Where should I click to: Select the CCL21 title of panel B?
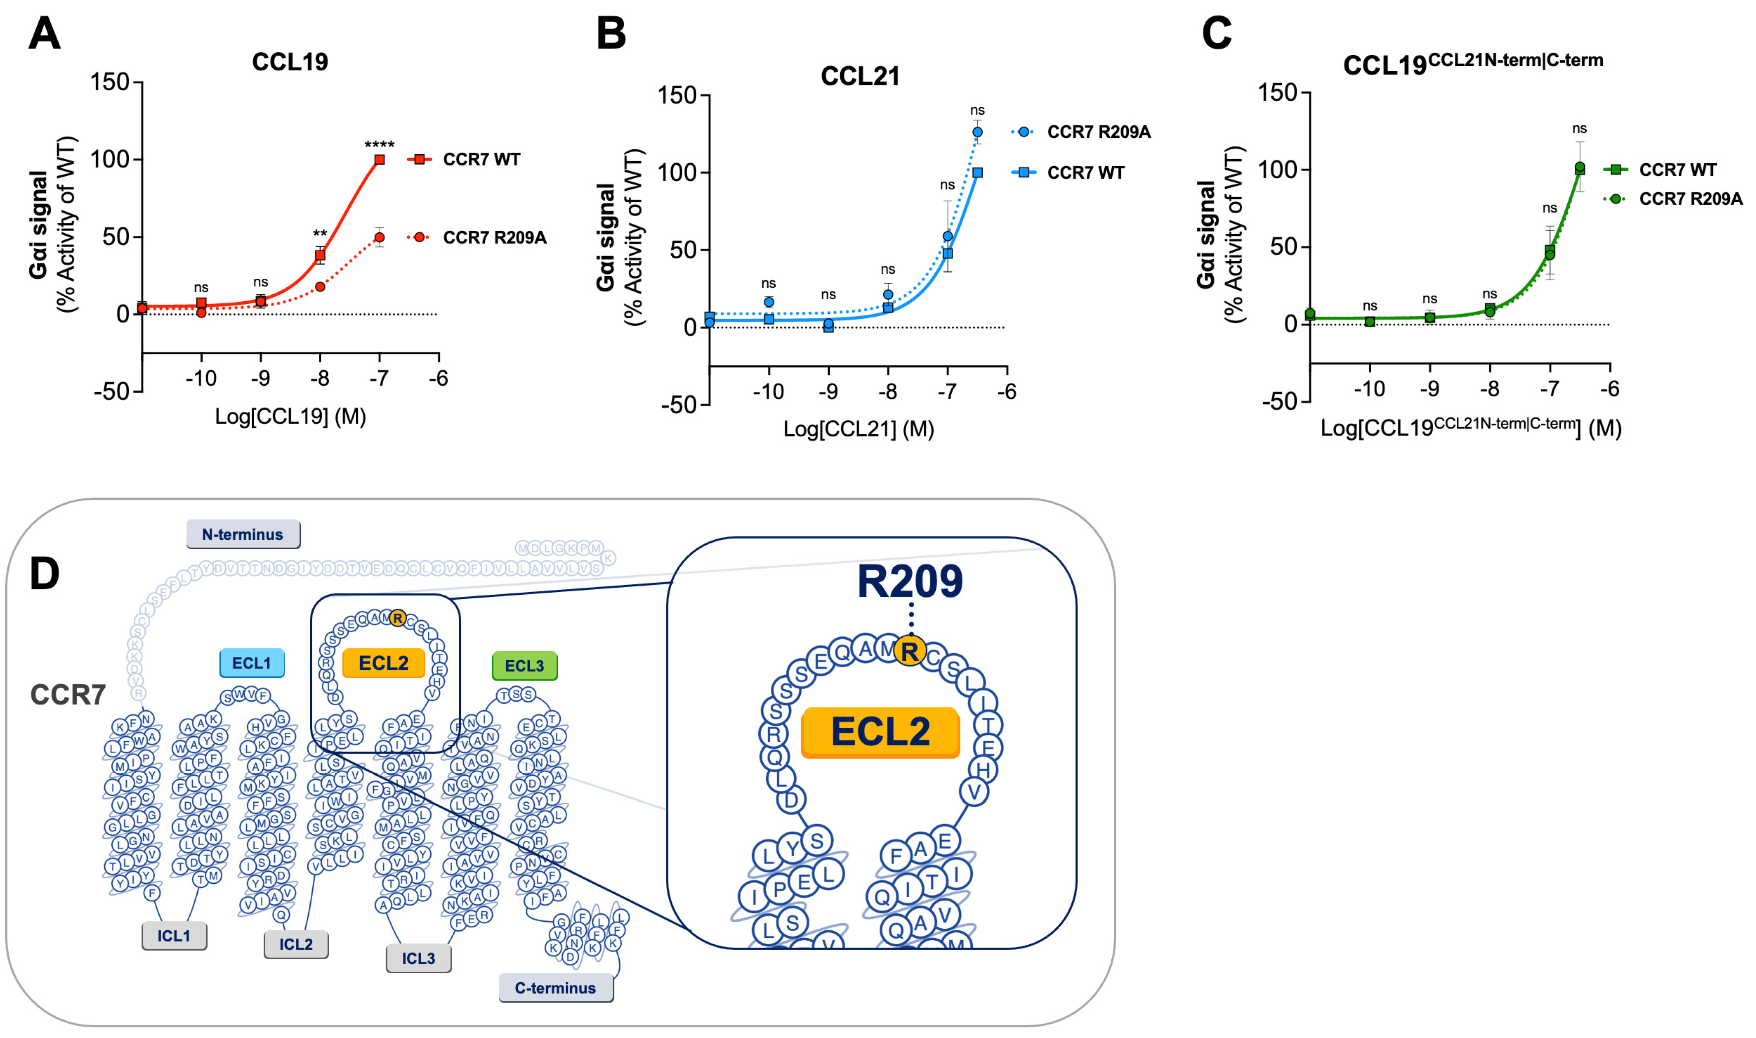tap(860, 76)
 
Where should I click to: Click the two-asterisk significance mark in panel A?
tap(320, 234)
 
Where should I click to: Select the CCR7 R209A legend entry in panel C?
tap(1690, 199)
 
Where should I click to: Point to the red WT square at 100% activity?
tap(380, 160)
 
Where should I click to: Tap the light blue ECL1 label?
tap(252, 663)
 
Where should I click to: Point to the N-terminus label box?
tap(243, 535)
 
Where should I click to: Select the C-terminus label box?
tap(555, 988)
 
